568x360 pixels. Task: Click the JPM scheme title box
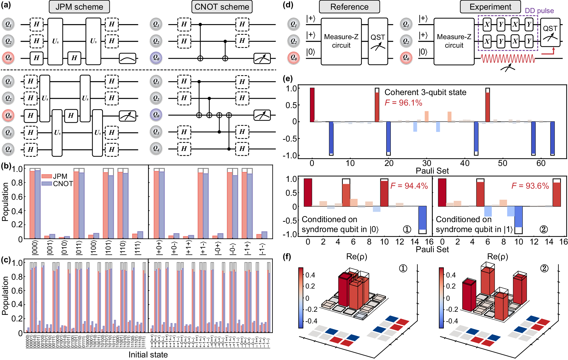[x=79, y=7]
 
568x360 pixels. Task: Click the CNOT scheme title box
[x=222, y=7]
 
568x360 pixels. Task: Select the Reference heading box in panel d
[x=349, y=7]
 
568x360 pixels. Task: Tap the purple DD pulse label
[x=539, y=11]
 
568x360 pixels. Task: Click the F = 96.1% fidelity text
[x=403, y=103]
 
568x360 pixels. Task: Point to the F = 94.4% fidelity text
[x=409, y=186]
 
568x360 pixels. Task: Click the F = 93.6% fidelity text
[x=530, y=186]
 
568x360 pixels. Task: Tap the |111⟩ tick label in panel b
[x=138, y=248]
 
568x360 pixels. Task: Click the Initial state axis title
[x=148, y=355]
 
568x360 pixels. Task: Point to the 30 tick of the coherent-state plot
[x=426, y=163]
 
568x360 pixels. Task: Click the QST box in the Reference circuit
[x=378, y=42]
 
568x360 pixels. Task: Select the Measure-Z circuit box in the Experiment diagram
[x=454, y=42]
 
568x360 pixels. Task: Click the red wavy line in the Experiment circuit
[x=508, y=59]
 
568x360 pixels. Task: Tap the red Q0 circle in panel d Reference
[x=293, y=58]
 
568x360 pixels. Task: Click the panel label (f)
[x=287, y=257]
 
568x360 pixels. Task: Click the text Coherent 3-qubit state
[x=425, y=92]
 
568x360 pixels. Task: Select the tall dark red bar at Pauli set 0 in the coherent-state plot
[x=312, y=105]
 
